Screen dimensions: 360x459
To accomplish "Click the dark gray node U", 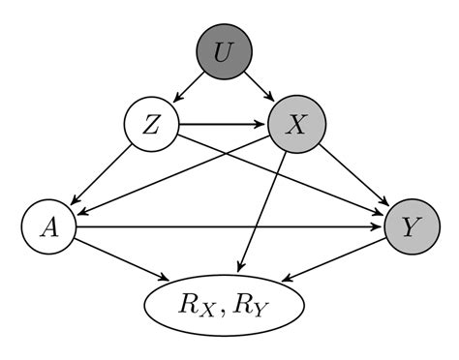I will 224,51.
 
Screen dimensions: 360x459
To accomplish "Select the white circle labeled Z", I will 151,125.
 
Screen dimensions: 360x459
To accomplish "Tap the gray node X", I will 297,125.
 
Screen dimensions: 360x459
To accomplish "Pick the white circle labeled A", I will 47,227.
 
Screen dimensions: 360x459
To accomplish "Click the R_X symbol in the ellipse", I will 199,305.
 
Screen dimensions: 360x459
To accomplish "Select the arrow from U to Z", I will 188,88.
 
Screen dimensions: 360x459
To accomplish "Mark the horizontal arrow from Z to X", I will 223,125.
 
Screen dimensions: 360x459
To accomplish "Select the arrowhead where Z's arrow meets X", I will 264,125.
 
